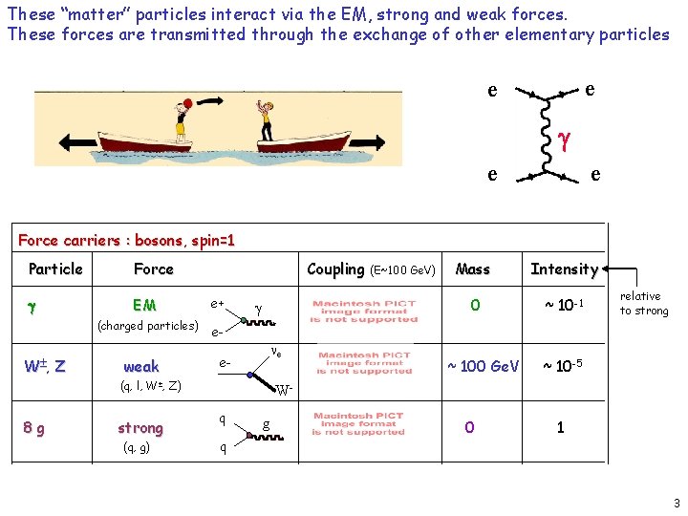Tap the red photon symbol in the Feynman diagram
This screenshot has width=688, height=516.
[565, 140]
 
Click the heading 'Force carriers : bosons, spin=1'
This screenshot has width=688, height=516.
[126, 240]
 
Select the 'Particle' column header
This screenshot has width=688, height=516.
[55, 269]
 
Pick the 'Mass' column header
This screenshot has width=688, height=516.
[473, 269]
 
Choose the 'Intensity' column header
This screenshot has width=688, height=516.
[564, 269]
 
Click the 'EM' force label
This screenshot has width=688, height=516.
[144, 305]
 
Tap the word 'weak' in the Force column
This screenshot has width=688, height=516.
[141, 366]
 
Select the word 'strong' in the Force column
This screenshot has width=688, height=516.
[140, 427]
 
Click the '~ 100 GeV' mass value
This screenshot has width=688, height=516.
[484, 366]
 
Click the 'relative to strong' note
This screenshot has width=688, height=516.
[644, 303]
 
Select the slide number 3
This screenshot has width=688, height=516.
[676, 503]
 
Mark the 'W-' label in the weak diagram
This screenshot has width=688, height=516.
[284, 390]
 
